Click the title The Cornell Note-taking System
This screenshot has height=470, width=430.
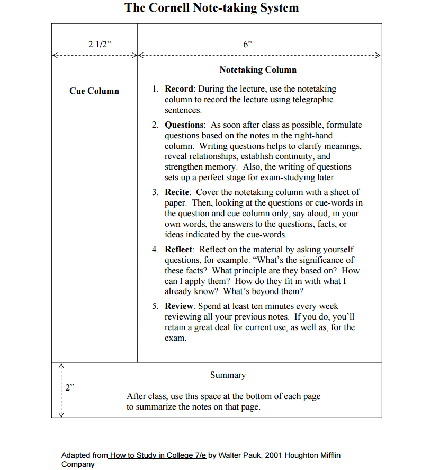212,8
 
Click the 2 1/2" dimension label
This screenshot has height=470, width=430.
100,45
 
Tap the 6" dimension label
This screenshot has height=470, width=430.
247,45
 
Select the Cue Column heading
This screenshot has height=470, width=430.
94,91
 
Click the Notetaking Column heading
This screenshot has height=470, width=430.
258,70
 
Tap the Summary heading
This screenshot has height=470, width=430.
228,375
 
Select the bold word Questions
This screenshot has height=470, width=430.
184,125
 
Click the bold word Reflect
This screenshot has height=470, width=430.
179,250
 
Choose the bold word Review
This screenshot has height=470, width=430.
180,306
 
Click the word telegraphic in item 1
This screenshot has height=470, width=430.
313,100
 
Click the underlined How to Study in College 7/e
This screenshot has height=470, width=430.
158,455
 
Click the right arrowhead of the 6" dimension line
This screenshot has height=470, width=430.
378,55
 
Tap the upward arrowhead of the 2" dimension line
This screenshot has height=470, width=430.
61,365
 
